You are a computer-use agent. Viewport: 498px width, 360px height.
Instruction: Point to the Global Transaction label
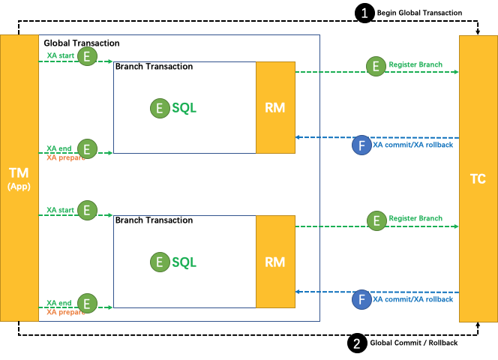click(81, 43)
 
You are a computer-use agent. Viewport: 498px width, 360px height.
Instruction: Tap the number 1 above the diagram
click(364, 13)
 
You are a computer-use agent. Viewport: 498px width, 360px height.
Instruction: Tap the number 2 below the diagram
click(356, 344)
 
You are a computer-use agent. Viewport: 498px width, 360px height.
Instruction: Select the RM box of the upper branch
click(275, 108)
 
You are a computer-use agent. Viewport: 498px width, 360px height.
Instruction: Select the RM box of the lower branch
click(275, 262)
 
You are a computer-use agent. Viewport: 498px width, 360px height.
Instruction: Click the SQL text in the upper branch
click(184, 108)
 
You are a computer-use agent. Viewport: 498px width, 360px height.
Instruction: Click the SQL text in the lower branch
click(184, 262)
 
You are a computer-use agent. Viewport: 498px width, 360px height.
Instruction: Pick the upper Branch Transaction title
click(154, 67)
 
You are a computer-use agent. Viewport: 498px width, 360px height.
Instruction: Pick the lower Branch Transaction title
click(154, 220)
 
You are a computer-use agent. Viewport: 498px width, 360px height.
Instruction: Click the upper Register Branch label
click(415, 65)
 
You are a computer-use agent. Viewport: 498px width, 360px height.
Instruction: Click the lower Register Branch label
click(415, 219)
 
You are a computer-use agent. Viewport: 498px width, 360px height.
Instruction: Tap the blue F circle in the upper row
click(362, 145)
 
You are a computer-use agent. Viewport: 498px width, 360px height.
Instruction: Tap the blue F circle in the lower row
click(362, 299)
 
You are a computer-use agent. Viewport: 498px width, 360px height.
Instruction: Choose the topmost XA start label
click(60, 55)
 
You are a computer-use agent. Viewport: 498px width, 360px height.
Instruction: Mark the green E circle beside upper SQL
click(160, 108)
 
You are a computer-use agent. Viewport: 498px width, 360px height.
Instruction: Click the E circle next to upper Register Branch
click(376, 66)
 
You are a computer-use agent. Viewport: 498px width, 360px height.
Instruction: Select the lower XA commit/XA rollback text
click(413, 299)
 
